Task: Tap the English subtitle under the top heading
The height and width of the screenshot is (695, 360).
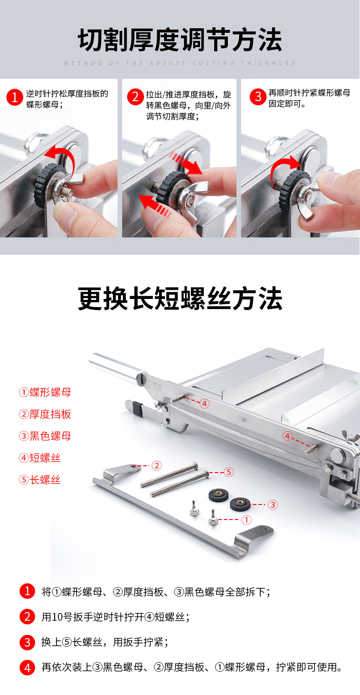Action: pyautogui.click(x=180, y=63)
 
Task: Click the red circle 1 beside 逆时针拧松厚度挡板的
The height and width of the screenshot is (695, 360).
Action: pyautogui.click(x=15, y=98)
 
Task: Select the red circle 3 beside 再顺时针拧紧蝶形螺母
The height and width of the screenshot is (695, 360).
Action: pyautogui.click(x=258, y=97)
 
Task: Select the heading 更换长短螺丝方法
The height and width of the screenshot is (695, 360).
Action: pyautogui.click(x=180, y=299)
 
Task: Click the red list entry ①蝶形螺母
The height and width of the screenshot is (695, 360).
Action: pyautogui.click(x=45, y=392)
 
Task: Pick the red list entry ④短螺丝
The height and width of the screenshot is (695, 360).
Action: pyautogui.click(x=40, y=458)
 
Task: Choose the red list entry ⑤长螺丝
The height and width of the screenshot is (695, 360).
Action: pyautogui.click(x=40, y=480)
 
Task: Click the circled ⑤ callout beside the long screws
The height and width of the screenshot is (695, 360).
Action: pyautogui.click(x=229, y=472)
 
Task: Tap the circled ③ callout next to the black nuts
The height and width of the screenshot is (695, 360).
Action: pyautogui.click(x=273, y=505)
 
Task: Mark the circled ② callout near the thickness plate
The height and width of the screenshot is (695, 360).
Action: pyautogui.click(x=157, y=465)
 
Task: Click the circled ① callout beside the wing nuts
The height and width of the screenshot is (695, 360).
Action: pyautogui.click(x=247, y=520)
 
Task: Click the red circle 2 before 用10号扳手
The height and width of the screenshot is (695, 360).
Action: pyautogui.click(x=27, y=616)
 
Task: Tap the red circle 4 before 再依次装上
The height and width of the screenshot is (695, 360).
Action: pyautogui.click(x=27, y=667)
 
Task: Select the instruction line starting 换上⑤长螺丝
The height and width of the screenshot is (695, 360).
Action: pyautogui.click(x=105, y=642)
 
